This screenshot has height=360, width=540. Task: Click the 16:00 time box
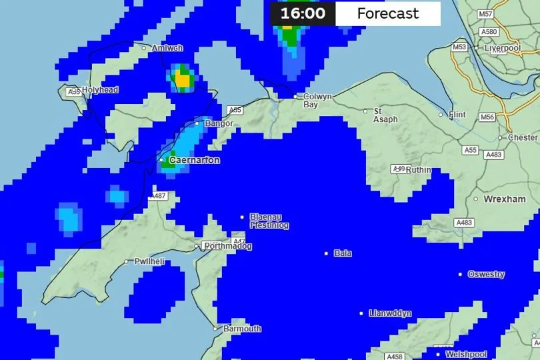point(302,13)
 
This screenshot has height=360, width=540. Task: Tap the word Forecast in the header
point(388,13)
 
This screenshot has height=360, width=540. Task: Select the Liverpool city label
point(503,48)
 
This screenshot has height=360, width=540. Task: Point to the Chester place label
point(523,137)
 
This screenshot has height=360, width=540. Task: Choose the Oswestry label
point(486,274)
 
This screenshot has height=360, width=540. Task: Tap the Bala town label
point(343,253)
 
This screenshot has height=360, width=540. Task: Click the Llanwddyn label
point(390,313)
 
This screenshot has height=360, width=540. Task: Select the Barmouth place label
point(241,329)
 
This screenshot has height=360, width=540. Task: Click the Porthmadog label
point(227,246)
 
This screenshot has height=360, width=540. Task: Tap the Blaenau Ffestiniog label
point(269,221)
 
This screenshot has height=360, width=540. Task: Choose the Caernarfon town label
point(194,161)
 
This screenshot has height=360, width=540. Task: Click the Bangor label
point(219,123)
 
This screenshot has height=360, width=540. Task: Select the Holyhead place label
point(100,89)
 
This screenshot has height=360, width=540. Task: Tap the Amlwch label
point(167,48)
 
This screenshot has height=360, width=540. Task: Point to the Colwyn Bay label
point(317,101)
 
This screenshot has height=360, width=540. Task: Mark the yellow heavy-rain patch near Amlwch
point(181,80)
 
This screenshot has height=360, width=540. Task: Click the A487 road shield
point(158,196)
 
